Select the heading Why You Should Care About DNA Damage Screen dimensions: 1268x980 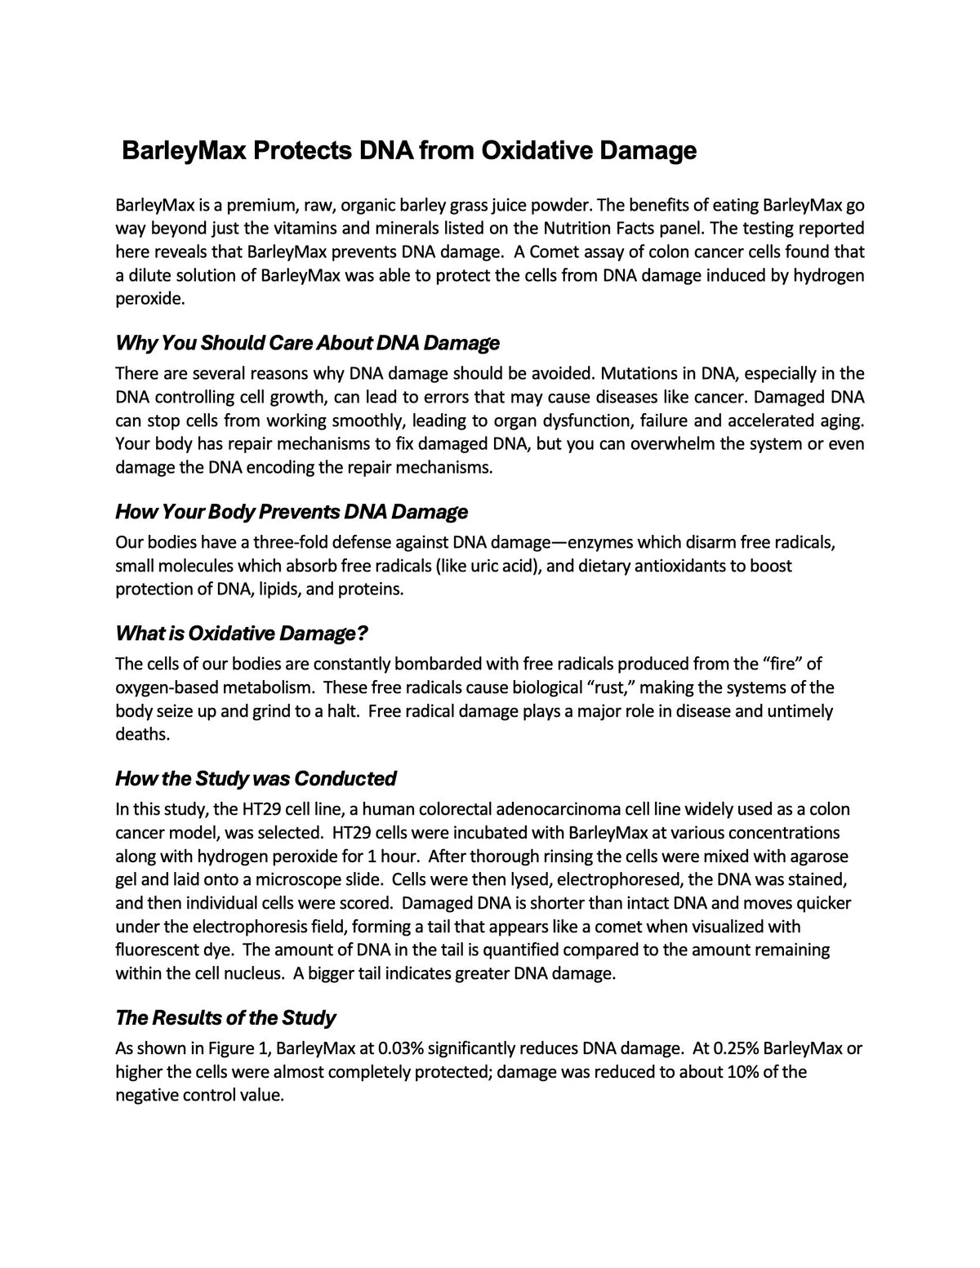point(307,343)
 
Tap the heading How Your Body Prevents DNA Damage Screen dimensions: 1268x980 point(292,512)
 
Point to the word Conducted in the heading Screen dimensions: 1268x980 point(345,778)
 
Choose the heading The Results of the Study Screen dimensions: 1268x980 point(225,1017)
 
